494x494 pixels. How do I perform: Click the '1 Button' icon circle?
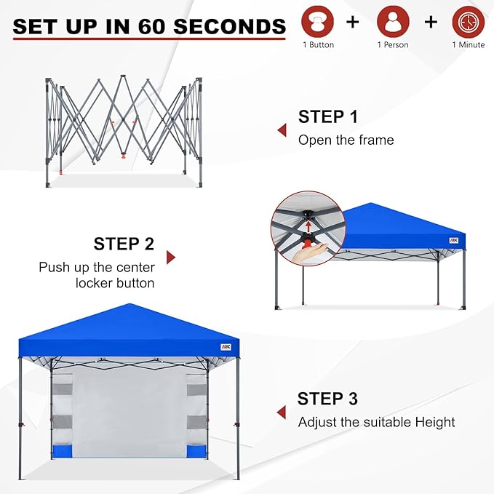[317, 22]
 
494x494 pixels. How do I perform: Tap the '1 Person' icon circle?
[393, 22]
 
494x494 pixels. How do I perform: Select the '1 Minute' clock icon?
[468, 22]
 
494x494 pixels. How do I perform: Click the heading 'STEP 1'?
[328, 116]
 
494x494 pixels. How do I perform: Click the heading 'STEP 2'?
[124, 244]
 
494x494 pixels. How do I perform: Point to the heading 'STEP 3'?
[327, 399]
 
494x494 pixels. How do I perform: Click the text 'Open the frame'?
[346, 140]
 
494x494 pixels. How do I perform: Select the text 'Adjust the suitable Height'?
[376, 422]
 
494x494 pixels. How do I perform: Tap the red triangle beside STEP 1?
[281, 130]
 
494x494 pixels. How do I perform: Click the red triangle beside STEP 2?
[171, 257]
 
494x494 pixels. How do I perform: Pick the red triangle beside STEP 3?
[281, 413]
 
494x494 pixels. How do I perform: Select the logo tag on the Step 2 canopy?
[453, 240]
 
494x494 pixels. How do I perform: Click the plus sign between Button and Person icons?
[353, 22]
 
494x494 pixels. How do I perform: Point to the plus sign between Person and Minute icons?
[431, 22]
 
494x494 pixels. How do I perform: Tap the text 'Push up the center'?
[97, 267]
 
